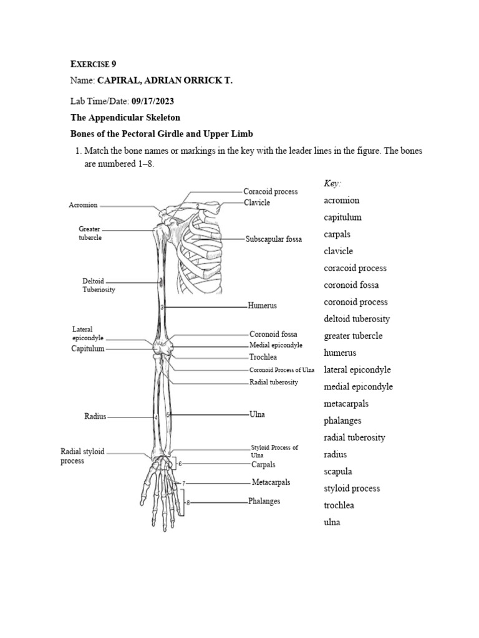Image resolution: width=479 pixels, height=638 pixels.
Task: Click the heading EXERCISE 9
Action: (x=92, y=64)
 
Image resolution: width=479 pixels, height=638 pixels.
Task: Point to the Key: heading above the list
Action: (x=333, y=183)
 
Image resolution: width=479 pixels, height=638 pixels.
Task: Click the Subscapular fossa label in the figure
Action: (x=273, y=239)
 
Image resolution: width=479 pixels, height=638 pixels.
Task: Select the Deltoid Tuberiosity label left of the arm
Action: (x=99, y=285)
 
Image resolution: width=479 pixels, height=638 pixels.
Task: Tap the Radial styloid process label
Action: (x=82, y=456)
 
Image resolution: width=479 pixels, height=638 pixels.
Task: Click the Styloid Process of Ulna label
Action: (x=274, y=451)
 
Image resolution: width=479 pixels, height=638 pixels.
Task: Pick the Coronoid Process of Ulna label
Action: (x=282, y=370)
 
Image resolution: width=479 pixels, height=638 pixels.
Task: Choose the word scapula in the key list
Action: (x=339, y=472)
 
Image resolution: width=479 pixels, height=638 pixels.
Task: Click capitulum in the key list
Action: (x=342, y=217)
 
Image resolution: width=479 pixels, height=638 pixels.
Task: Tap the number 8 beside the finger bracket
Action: (x=187, y=502)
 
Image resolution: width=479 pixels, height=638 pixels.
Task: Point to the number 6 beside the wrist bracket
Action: (x=180, y=464)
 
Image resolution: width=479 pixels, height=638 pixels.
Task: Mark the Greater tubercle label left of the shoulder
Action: (x=90, y=233)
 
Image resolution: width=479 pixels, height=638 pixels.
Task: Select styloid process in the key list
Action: (x=352, y=488)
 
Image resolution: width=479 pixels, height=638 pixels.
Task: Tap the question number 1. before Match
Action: (x=78, y=151)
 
